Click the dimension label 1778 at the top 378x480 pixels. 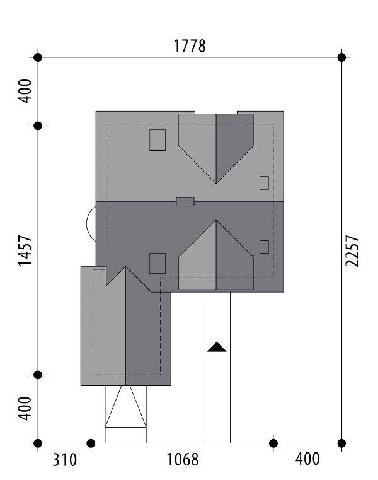tap(190, 46)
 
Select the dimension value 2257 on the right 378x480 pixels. tap(352, 251)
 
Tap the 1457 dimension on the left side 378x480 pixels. tap(25, 251)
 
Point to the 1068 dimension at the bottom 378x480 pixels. tap(182, 460)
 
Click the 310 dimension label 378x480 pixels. tap(64, 460)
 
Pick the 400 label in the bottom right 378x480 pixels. tap(307, 459)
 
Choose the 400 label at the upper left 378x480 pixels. tap(25, 91)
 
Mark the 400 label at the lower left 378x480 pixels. tap(25, 409)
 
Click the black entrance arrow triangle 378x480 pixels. tap(217, 347)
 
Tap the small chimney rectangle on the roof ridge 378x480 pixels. tap(185, 202)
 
